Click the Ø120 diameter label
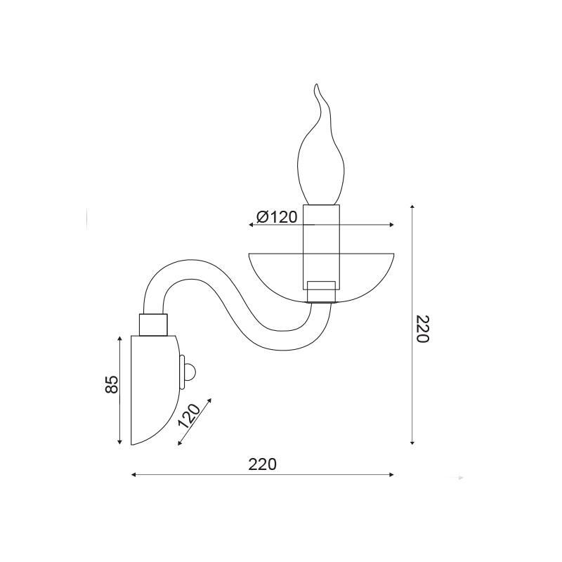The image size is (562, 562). pyautogui.click(x=277, y=217)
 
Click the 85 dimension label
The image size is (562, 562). pyautogui.click(x=112, y=384)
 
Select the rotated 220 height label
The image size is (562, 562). pyautogui.click(x=422, y=329)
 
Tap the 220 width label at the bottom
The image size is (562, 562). pyautogui.click(x=263, y=464)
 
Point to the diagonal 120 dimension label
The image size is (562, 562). pyautogui.click(x=190, y=417)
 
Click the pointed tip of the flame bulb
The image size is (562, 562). pyautogui.click(x=316, y=84)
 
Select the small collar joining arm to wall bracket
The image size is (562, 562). pyautogui.click(x=153, y=325)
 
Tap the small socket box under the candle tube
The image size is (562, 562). pyautogui.click(x=322, y=292)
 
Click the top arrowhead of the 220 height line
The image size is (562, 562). pyautogui.click(x=412, y=207)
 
